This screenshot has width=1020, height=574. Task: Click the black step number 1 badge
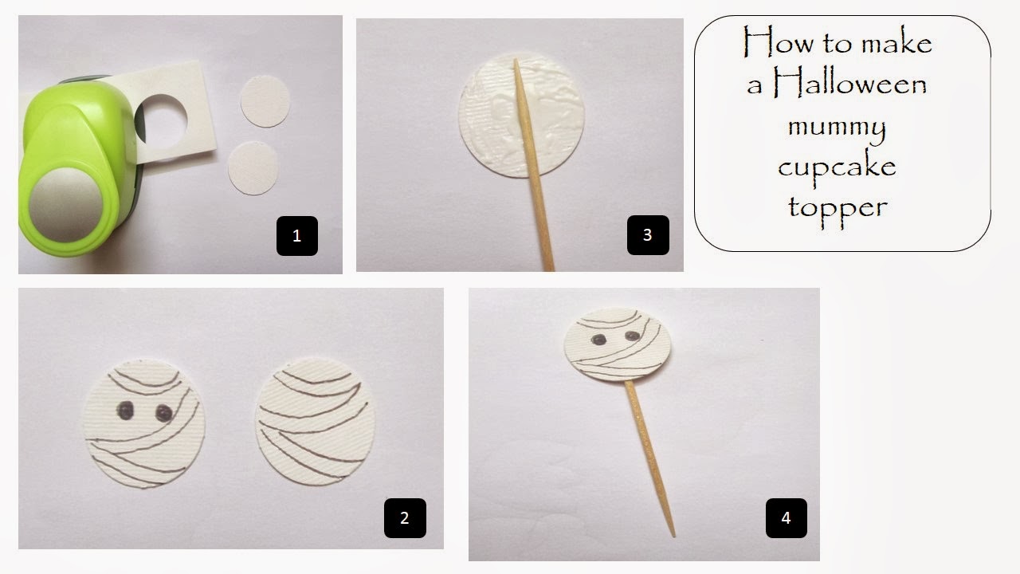297,235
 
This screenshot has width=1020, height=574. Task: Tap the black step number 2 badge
405,518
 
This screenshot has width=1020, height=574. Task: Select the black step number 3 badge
648,235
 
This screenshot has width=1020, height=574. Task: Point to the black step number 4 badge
787,518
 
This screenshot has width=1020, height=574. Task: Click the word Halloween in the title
850,84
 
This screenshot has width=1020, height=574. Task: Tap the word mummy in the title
837,128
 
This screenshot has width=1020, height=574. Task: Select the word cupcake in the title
837,167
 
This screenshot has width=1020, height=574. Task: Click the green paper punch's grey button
66,205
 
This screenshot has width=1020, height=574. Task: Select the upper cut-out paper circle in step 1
265,101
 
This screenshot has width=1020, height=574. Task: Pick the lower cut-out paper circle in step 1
253,168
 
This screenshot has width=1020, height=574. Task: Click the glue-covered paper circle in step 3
521,116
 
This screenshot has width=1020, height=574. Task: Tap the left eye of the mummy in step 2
125,411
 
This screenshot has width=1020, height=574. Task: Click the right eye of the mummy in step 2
163,413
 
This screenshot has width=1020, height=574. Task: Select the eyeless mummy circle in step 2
315,422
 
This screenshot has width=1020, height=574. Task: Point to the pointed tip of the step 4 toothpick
673,537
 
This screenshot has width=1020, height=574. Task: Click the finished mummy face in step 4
618,344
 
